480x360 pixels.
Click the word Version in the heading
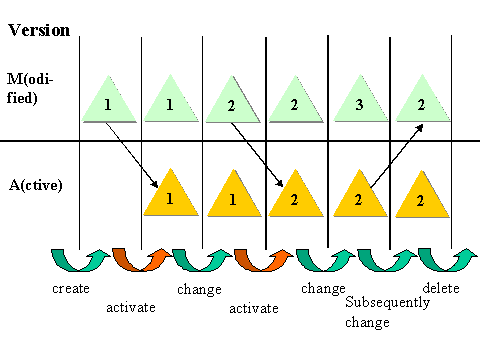[x=39, y=29]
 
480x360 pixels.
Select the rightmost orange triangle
[x=421, y=198]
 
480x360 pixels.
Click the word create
[x=71, y=288]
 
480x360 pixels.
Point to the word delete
[x=441, y=288]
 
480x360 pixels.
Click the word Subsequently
[x=387, y=302]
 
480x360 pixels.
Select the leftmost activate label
[x=130, y=307]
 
